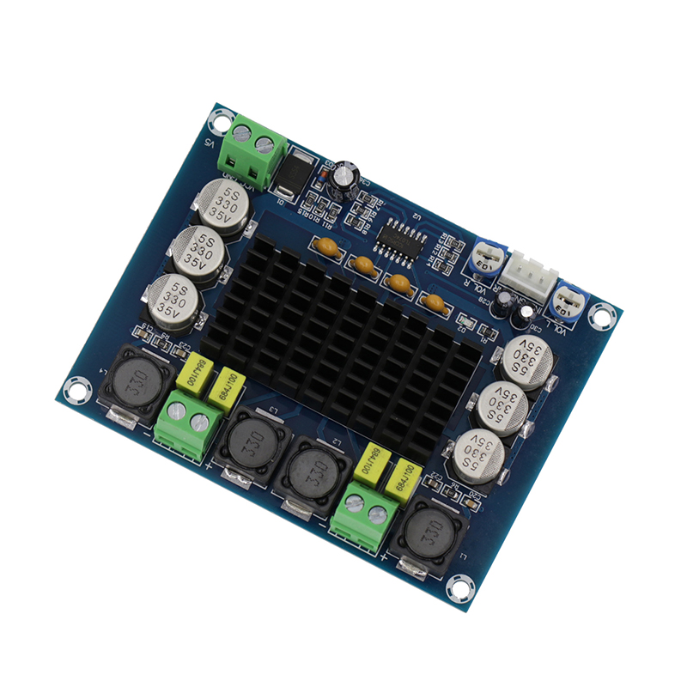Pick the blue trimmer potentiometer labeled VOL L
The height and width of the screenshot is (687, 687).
568,298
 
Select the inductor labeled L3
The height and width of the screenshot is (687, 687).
255,444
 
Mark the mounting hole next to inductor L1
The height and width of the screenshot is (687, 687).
462,588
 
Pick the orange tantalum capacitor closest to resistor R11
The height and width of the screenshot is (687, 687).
326,248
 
